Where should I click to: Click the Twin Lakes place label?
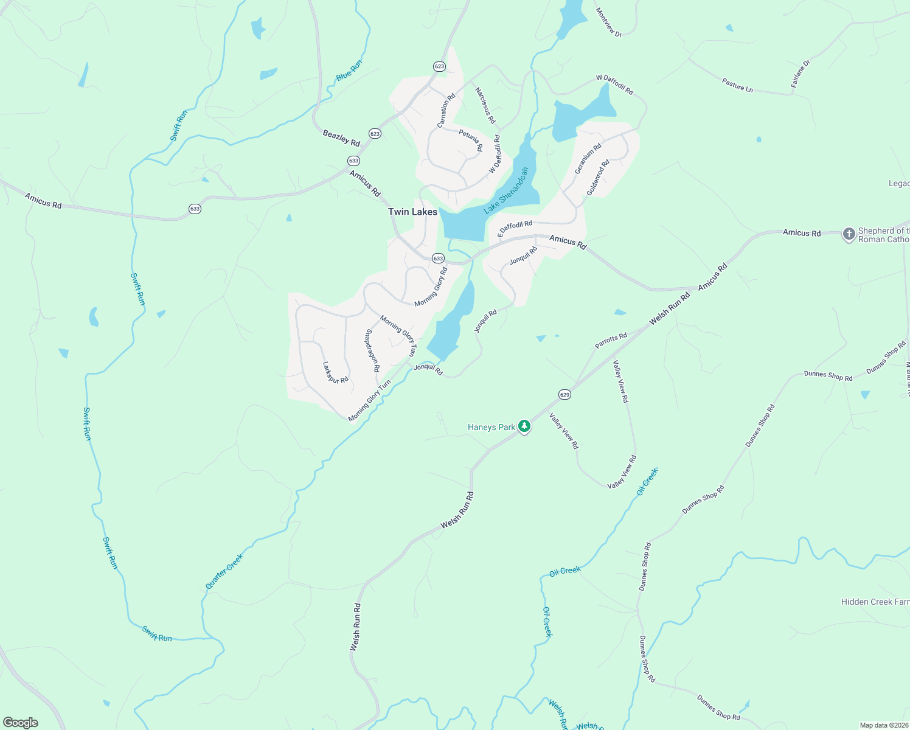[x=412, y=212]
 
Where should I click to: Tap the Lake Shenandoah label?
[x=506, y=190]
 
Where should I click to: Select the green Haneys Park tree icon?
[x=524, y=427]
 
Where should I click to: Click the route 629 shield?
[x=564, y=395]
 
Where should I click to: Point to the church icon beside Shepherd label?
[x=849, y=234]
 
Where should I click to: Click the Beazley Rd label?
[x=341, y=138]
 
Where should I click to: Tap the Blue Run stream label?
[x=349, y=70]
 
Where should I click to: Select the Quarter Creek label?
[x=224, y=571]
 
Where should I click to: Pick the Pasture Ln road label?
[x=737, y=85]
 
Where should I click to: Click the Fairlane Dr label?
[x=801, y=74]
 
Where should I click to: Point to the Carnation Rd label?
[x=446, y=110]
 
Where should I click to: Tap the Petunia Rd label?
[x=471, y=141]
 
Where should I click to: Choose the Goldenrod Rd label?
[x=598, y=177]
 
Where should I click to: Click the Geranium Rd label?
[x=588, y=158]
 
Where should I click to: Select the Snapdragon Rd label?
[x=372, y=351]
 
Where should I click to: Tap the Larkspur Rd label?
[x=335, y=372]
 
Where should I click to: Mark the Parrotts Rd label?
[x=611, y=341]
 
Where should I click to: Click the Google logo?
[x=21, y=723]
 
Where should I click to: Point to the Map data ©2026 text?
[x=883, y=725]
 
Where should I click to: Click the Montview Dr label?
[x=608, y=23]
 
